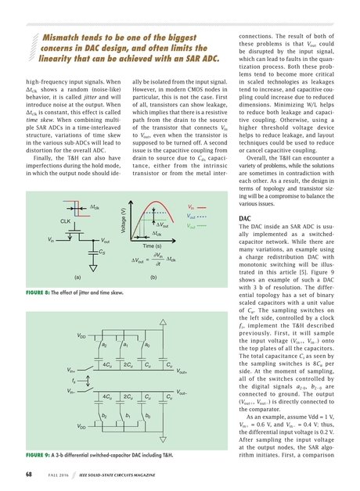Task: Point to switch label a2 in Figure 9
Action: point(104,345)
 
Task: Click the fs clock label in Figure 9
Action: point(75,381)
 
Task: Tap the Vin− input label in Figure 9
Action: point(72,390)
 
